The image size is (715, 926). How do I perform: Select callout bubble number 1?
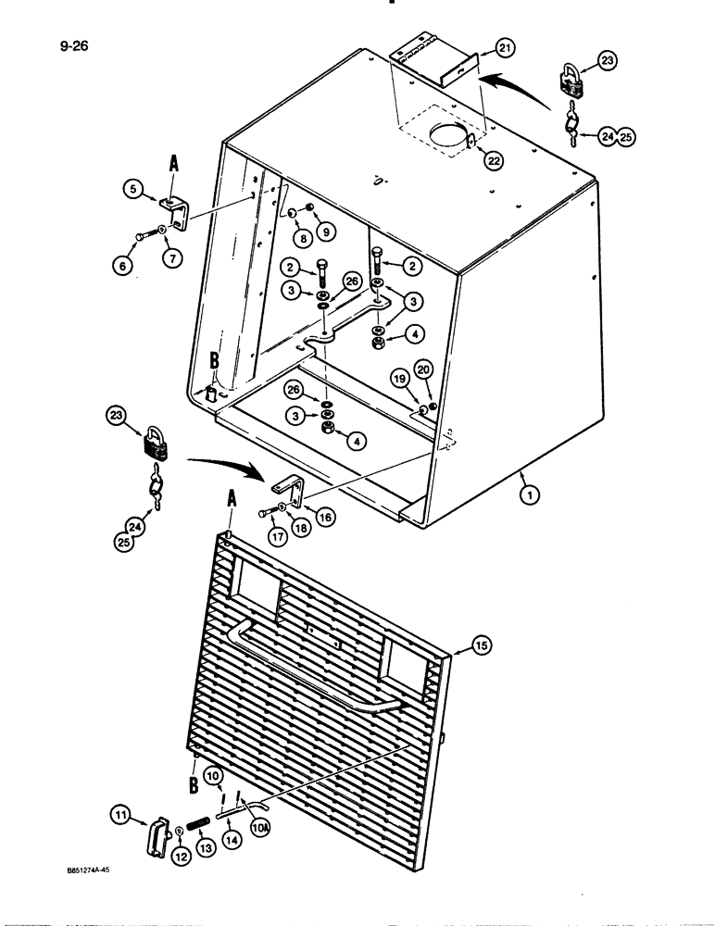[527, 495]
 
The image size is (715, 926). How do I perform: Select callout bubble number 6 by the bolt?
[120, 265]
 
